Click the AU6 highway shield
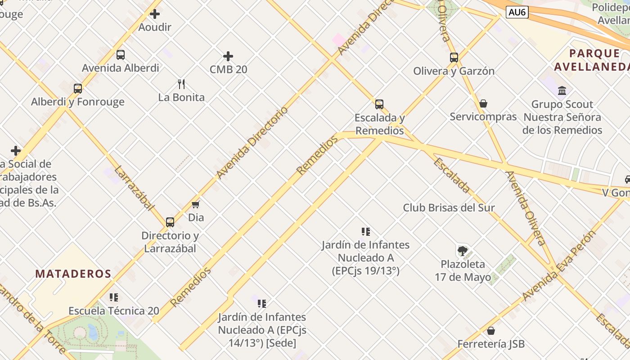(x=517, y=12)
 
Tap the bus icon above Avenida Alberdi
(x=121, y=55)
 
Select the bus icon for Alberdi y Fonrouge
(x=78, y=89)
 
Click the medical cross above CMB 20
(x=228, y=56)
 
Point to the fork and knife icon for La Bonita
(x=181, y=84)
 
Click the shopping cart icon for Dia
(x=195, y=205)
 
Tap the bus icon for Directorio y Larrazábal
(x=170, y=222)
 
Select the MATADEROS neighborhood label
(x=73, y=274)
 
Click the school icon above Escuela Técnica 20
(x=114, y=297)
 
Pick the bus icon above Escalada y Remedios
(x=379, y=104)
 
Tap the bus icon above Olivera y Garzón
(x=454, y=58)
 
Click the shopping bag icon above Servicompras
(x=483, y=103)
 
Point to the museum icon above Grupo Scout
(x=562, y=91)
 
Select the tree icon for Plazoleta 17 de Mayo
(x=462, y=251)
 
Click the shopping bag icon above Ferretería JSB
(x=491, y=331)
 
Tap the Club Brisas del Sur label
(x=449, y=208)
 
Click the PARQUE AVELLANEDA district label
(x=592, y=60)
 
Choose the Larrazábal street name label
(x=134, y=188)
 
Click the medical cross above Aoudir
(x=155, y=14)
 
